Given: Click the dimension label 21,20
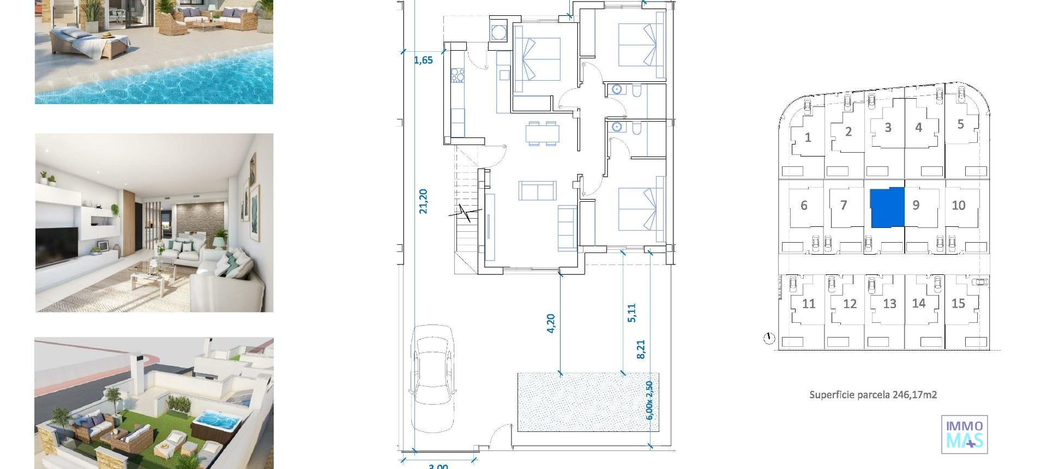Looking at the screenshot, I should [423, 201].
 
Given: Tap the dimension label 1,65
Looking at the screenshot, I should [423, 60].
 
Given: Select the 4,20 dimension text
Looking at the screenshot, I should [550, 323].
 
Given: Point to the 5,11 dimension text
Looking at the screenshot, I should [631, 313].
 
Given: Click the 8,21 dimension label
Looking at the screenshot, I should [641, 349].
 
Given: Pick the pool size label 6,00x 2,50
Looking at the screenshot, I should [649, 400].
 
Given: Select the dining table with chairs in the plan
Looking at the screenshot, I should [542, 134].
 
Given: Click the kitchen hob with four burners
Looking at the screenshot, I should [457, 75].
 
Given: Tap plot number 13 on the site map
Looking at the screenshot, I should [889, 304].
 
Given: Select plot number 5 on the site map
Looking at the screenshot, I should [960, 124].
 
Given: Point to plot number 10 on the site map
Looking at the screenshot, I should [958, 206].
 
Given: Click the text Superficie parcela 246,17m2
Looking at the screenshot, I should [873, 395].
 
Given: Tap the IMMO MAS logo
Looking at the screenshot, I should [964, 434].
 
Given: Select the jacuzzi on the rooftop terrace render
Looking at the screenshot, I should [215, 423].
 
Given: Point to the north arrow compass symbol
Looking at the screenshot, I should [769, 339].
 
